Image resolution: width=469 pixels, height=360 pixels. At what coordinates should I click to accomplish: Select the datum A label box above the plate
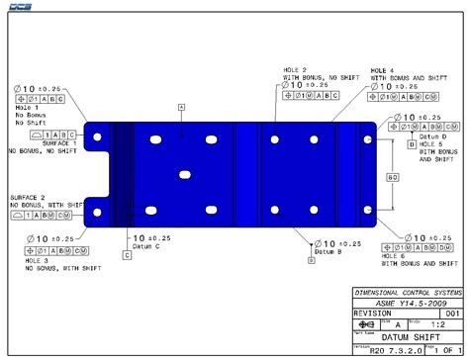[181, 105]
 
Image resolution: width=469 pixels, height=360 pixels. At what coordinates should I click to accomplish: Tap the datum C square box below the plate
[128, 254]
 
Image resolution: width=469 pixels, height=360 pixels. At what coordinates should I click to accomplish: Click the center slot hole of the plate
[184, 174]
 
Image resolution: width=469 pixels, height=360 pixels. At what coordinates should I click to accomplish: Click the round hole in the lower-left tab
[97, 212]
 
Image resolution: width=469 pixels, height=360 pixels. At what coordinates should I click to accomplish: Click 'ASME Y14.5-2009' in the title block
[406, 303]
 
